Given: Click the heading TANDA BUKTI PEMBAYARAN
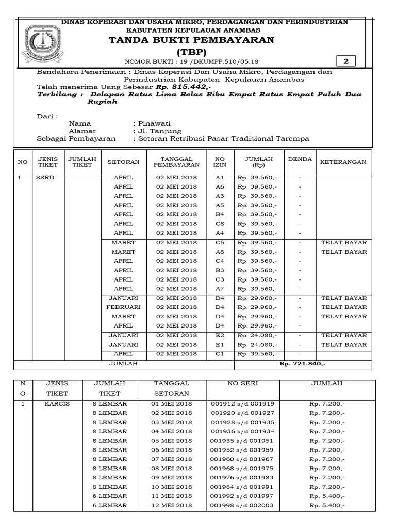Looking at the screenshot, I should [x=191, y=40].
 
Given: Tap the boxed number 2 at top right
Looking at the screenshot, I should [x=346, y=61].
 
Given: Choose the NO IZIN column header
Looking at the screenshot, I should [x=220, y=162].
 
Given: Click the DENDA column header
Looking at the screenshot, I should [x=299, y=159].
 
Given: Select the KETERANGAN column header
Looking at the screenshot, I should [x=343, y=162].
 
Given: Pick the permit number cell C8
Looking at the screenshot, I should [x=220, y=224].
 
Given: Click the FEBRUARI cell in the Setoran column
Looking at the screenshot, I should [x=123, y=307].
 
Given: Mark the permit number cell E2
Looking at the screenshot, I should [x=220, y=335].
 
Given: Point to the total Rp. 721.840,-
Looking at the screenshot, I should [x=302, y=364].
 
